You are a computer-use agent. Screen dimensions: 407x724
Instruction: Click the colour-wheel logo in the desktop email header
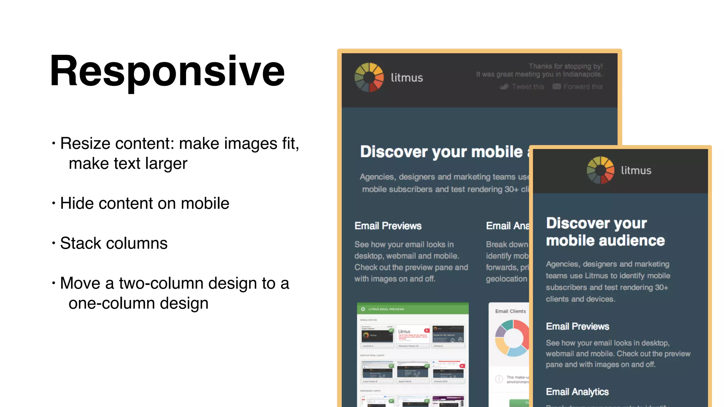(x=369, y=77)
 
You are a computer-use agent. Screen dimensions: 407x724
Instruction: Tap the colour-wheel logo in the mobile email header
(x=600, y=170)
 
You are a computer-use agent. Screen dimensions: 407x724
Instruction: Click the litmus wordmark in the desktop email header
(x=407, y=78)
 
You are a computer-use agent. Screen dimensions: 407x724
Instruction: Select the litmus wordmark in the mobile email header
(x=636, y=171)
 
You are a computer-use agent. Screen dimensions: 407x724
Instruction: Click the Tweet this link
(x=527, y=87)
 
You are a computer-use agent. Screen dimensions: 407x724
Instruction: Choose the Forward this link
(x=583, y=87)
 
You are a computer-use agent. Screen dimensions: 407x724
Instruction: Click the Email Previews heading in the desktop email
(x=388, y=226)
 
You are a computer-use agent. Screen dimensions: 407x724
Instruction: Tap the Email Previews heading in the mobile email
(x=577, y=326)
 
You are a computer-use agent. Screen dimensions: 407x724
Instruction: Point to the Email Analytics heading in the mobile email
(x=577, y=392)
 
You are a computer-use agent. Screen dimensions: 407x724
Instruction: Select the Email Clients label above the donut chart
(x=510, y=311)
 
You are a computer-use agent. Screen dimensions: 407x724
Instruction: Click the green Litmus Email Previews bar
(x=413, y=309)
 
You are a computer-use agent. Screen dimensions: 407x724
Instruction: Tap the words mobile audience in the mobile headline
(x=605, y=241)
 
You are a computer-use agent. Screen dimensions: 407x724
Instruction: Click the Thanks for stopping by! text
(x=565, y=66)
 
